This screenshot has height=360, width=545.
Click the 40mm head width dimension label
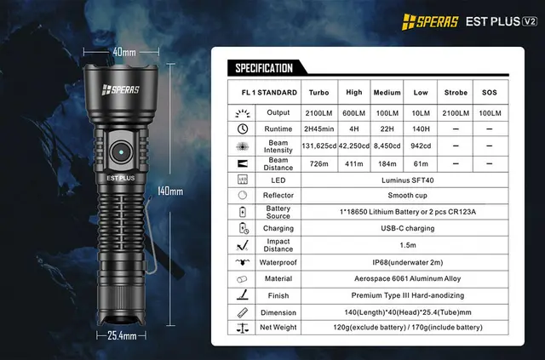pyautogui.click(x=123, y=53)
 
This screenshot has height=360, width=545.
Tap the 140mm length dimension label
pyautogui.click(x=170, y=191)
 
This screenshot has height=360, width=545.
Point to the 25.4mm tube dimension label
pyautogui.click(x=123, y=336)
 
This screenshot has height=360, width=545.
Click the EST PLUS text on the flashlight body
pyautogui.click(x=123, y=179)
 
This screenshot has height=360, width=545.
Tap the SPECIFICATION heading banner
pyautogui.click(x=264, y=68)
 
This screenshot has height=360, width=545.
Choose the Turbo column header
pyautogui.click(x=319, y=92)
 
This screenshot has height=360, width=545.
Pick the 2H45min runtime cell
pyautogui.click(x=319, y=128)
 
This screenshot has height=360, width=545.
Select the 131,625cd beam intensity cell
pyautogui.click(x=319, y=146)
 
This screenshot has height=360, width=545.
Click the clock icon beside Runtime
pyautogui.click(x=243, y=128)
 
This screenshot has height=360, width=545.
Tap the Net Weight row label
pyautogui.click(x=278, y=327)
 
